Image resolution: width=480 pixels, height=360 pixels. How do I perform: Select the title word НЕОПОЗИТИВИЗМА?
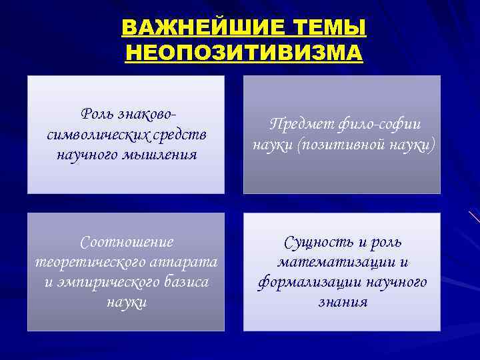244,51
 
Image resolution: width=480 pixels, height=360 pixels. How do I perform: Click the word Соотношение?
126,241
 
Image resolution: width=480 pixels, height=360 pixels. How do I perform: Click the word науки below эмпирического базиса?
126,302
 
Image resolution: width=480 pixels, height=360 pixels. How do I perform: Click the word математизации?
338,261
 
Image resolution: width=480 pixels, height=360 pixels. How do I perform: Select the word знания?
342,302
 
